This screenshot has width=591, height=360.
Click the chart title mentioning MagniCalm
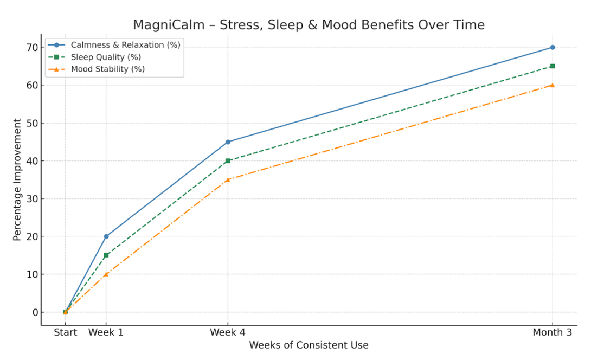pos(309,25)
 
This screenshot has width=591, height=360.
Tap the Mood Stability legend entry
pos(108,69)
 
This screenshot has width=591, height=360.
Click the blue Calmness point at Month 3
pos(553,47)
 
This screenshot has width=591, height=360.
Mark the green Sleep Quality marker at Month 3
pos(553,66)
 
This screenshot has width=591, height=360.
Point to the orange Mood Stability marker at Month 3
pos(553,85)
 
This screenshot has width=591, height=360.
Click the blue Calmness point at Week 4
pos(228,142)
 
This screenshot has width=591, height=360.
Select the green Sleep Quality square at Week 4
pos(228,160)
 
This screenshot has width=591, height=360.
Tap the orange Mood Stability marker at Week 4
pos(228,179)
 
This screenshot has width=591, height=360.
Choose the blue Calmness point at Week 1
pos(106,236)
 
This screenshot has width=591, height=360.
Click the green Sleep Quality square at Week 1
pos(106,255)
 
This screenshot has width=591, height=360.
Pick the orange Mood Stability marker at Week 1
pos(106,274)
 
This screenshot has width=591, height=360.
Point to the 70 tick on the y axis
pos(33,47)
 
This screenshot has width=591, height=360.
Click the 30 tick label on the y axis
pos(33,198)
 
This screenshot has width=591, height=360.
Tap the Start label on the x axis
pos(65,332)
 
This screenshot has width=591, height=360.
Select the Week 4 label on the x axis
pos(228,332)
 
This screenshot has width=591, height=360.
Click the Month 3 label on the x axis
pos(553,332)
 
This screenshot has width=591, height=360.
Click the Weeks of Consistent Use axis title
pos(309,345)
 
